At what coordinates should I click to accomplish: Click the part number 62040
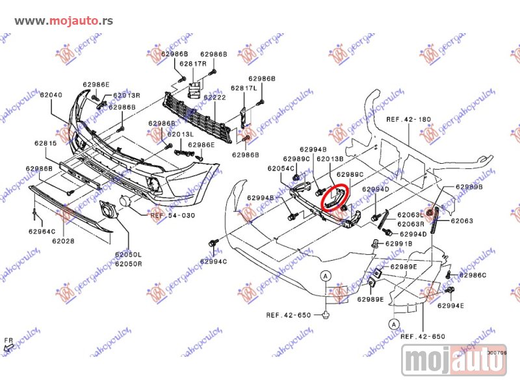51,95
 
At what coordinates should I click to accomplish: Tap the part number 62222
214,97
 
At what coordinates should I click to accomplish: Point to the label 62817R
193,64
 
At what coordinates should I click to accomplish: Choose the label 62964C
42,231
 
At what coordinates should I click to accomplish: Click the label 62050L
129,255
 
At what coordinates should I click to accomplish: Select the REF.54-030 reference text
173,214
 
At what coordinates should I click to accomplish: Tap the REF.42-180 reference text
409,120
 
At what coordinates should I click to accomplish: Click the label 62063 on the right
462,221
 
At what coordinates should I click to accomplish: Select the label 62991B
398,244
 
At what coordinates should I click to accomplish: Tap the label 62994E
451,305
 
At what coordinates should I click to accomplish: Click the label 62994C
214,261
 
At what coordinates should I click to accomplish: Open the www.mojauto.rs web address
64,20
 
